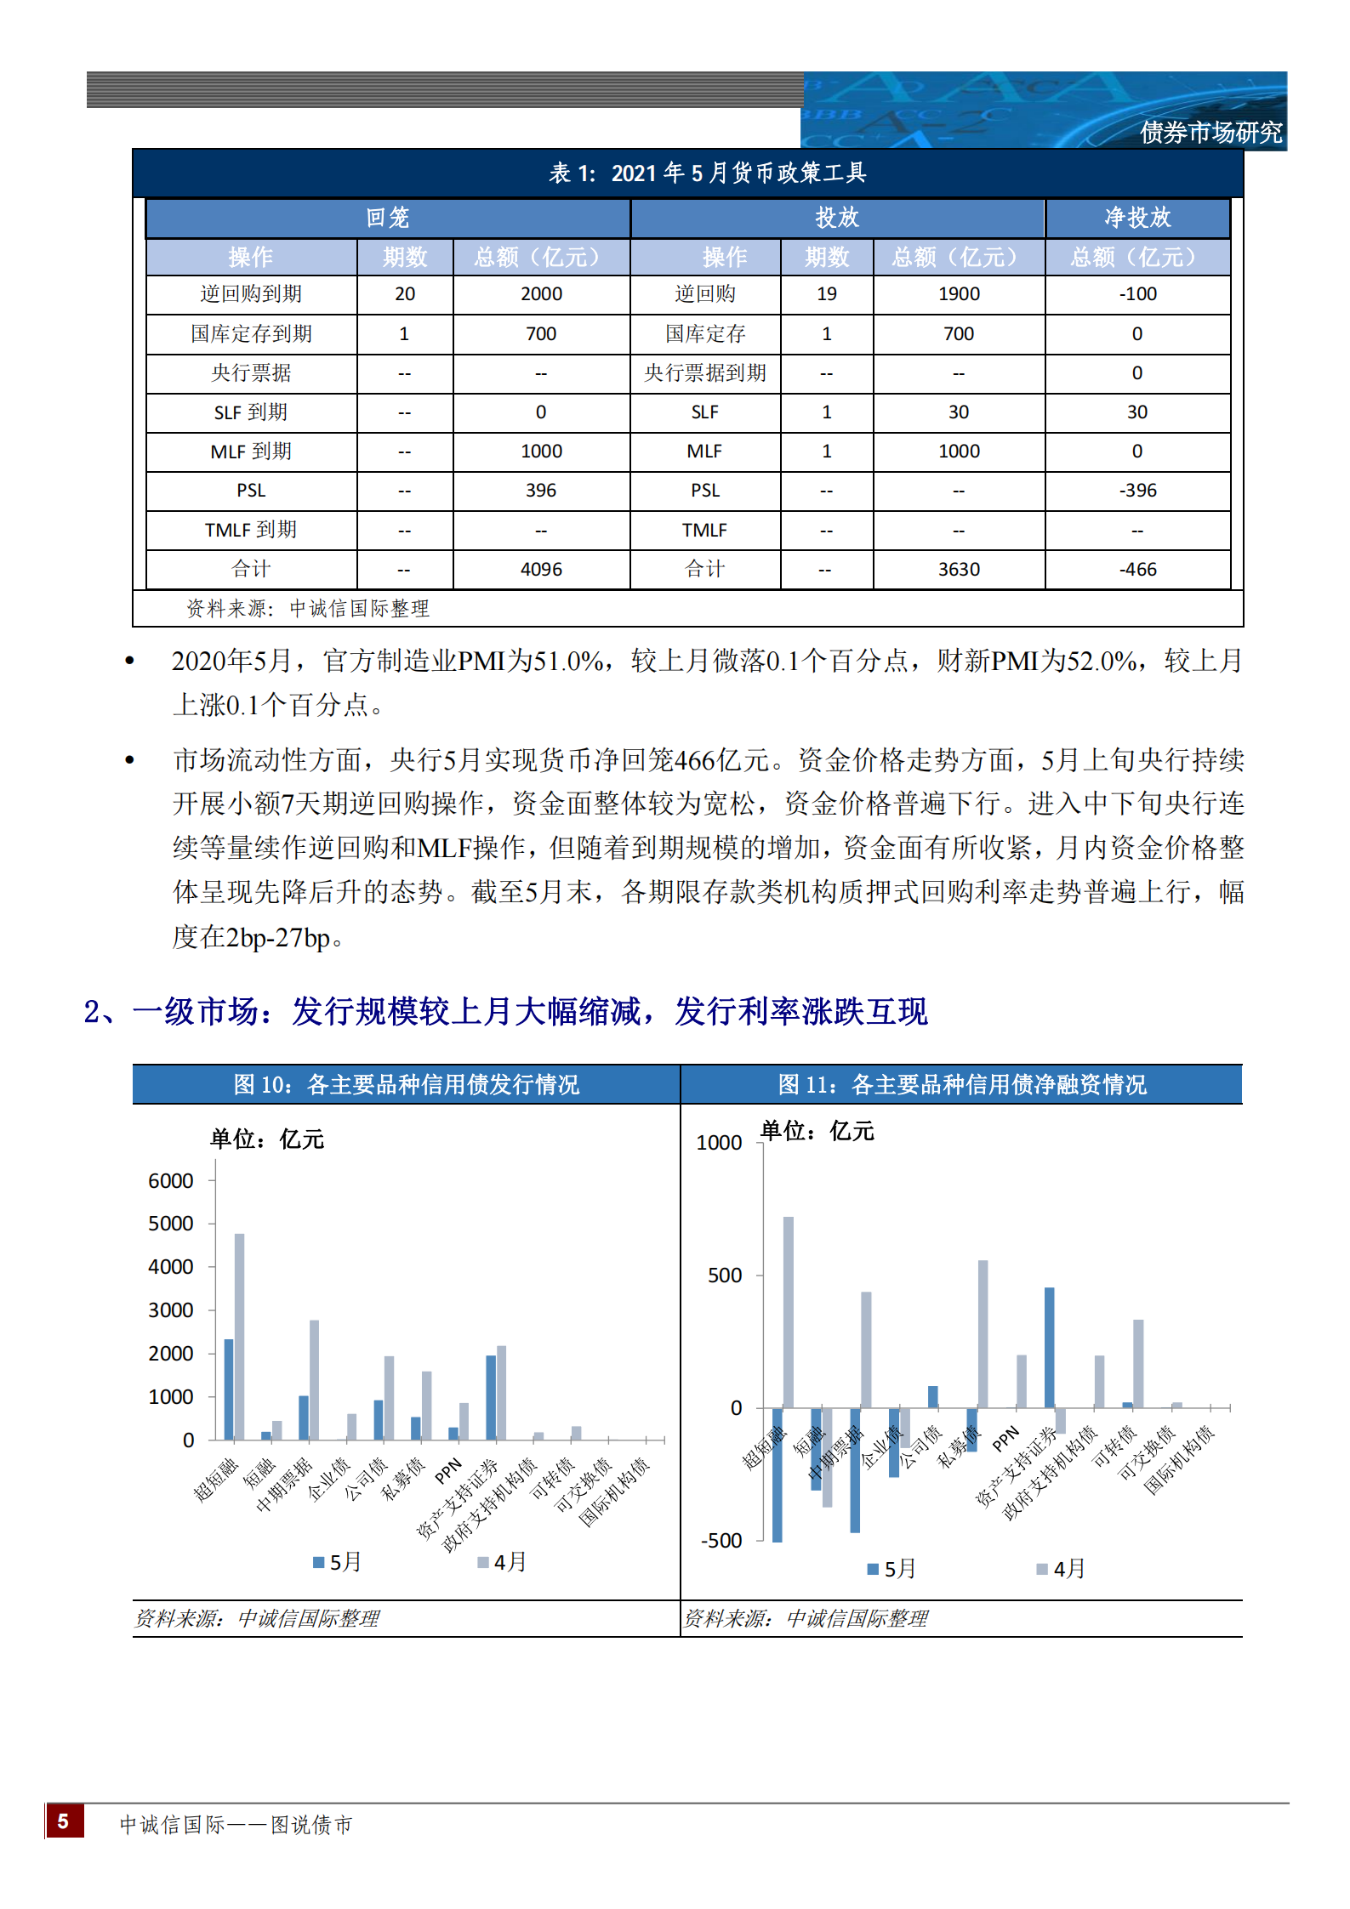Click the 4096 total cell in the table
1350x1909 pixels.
[x=541, y=570]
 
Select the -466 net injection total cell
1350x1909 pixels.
[x=1137, y=570]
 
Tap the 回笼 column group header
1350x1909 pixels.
[x=388, y=219]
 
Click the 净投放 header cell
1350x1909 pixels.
[x=1137, y=219]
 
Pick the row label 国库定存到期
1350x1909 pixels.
[x=251, y=334]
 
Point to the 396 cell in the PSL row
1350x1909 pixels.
[x=541, y=491]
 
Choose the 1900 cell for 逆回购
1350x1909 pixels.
[x=959, y=294]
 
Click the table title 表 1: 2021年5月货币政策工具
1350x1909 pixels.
[x=707, y=173]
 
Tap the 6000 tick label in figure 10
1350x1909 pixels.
[x=170, y=1181]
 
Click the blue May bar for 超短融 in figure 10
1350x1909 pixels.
[x=228, y=1389]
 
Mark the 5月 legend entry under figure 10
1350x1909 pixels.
[x=338, y=1562]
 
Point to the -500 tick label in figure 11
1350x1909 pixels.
[x=721, y=1541]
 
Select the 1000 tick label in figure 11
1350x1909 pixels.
[x=719, y=1143]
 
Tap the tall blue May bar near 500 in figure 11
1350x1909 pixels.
[x=1050, y=1348]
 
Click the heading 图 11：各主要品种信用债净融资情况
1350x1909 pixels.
[x=961, y=1085]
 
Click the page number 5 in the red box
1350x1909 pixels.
[x=64, y=1821]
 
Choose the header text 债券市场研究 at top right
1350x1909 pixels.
[x=1210, y=133]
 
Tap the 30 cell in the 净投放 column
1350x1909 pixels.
[x=1137, y=412]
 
